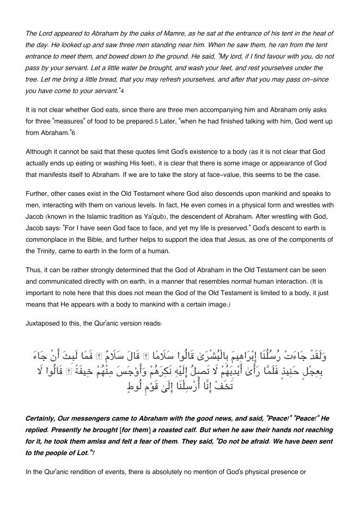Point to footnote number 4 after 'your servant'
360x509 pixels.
tap(123, 90)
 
